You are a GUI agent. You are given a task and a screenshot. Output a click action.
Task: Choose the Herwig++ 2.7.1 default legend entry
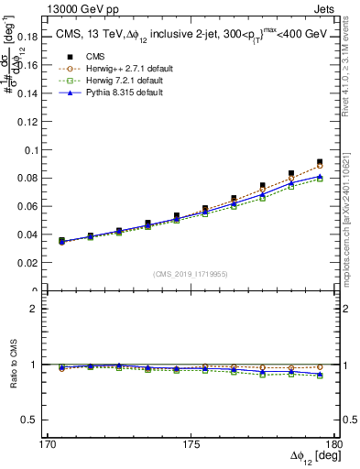(119, 68)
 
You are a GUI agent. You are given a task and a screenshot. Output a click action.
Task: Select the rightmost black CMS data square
(320, 162)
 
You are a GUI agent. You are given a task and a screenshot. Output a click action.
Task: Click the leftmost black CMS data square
(61, 240)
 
